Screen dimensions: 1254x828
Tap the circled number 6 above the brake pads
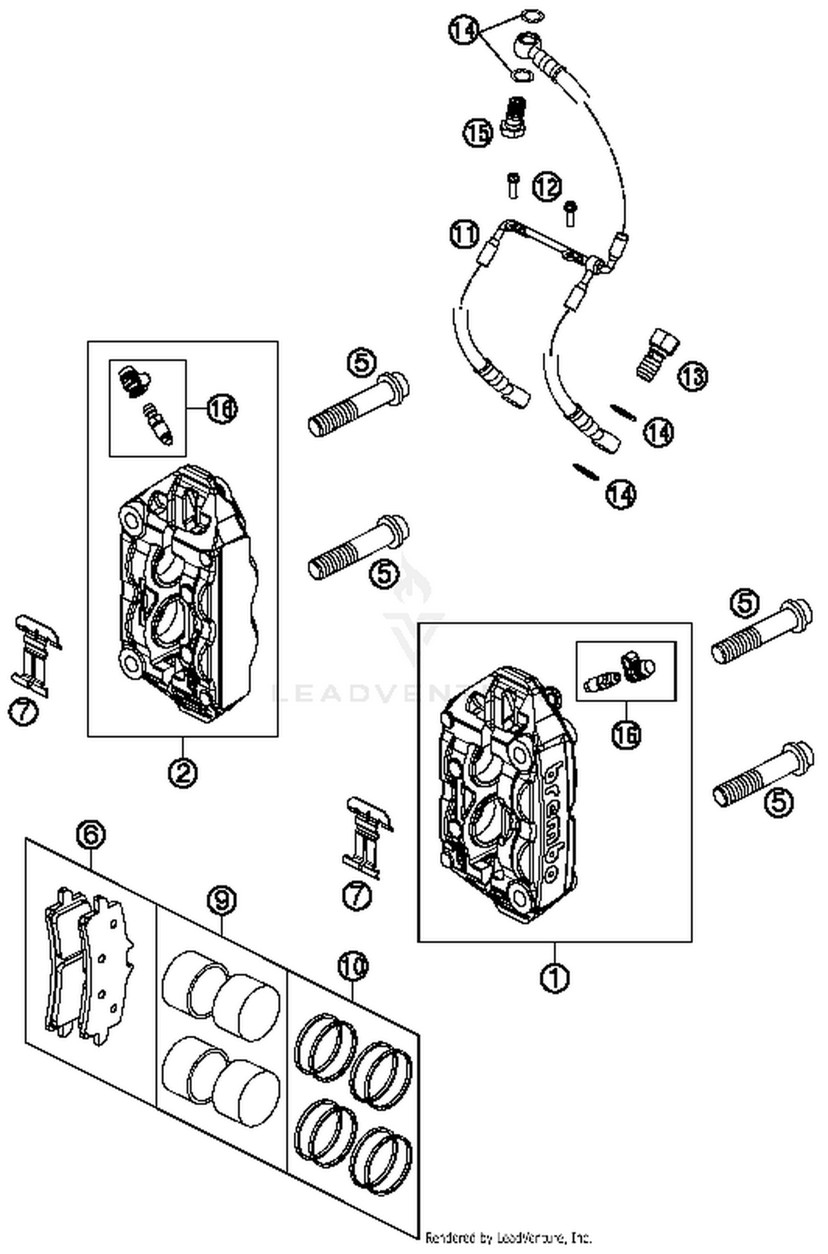click(x=91, y=835)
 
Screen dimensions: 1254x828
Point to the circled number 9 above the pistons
click(x=221, y=901)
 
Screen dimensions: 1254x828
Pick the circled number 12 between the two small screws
click(x=546, y=187)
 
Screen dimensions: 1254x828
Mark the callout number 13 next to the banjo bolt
click(x=693, y=376)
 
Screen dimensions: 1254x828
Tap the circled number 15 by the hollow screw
click(x=477, y=133)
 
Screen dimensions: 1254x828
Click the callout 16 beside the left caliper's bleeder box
click(x=222, y=409)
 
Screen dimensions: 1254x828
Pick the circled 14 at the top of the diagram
click(x=463, y=30)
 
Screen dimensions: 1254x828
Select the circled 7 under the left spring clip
click(x=24, y=712)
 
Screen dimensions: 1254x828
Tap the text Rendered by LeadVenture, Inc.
click(x=508, y=1237)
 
